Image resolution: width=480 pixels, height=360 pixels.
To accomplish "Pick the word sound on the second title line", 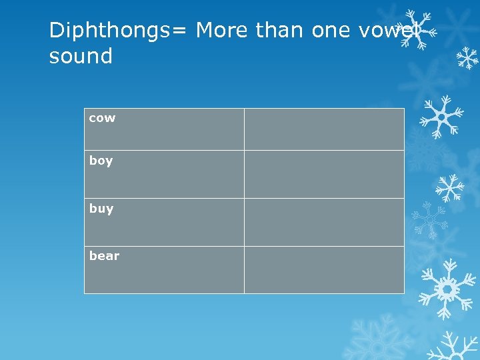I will click(81, 57).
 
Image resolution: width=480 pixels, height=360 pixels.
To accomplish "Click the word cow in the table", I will click(102, 119).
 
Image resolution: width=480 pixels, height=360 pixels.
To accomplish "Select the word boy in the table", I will click(101, 161).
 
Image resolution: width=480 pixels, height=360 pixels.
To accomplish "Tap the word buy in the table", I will click(101, 209).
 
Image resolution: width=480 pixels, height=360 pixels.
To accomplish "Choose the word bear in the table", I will click(104, 256).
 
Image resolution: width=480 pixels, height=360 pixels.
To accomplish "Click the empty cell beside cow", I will click(324, 129).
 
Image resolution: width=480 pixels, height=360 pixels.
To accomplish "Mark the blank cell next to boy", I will click(324, 174).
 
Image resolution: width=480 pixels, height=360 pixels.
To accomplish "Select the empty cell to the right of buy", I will click(324, 222).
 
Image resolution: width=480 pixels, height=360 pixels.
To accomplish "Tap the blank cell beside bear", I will click(324, 269).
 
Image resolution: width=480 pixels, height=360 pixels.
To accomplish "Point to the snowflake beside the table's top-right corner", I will click(441, 117).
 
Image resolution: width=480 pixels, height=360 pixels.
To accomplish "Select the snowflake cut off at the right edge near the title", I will click(469, 58).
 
